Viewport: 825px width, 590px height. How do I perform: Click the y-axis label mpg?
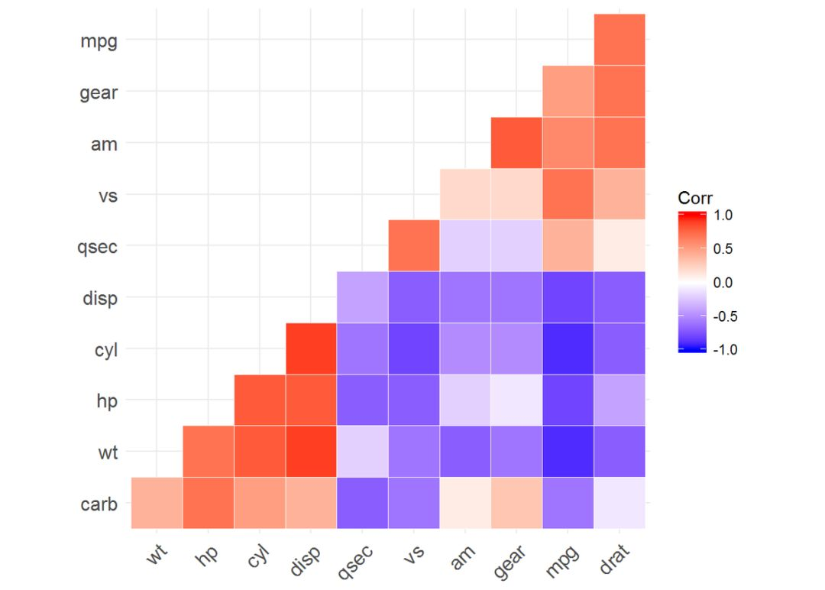pyautogui.click(x=99, y=41)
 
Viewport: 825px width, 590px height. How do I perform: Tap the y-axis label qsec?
pyautogui.click(x=97, y=247)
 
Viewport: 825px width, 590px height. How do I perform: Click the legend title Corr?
pyautogui.click(x=695, y=198)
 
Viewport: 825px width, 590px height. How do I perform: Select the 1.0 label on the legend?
pyautogui.click(x=723, y=216)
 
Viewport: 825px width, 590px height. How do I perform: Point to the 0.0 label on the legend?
pyautogui.click(x=723, y=283)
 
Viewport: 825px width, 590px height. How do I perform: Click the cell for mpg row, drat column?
pyautogui.click(x=620, y=40)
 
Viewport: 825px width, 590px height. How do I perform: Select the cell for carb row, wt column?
pyautogui.click(x=157, y=503)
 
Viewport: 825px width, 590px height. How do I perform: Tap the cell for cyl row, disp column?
pyautogui.click(x=311, y=348)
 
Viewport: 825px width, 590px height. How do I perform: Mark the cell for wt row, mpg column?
pyautogui.click(x=568, y=451)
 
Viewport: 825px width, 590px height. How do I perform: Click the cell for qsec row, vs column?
pyautogui.click(x=413, y=245)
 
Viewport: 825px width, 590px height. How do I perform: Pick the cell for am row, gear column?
pyautogui.click(x=516, y=143)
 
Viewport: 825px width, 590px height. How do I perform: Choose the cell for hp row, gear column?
pyautogui.click(x=516, y=400)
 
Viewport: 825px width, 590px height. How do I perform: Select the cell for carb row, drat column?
pyautogui.click(x=620, y=503)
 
